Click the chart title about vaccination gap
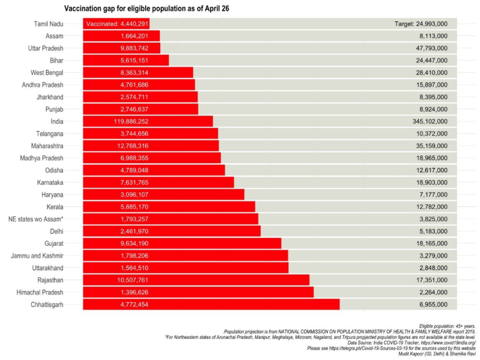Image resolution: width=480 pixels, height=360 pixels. click(146, 8)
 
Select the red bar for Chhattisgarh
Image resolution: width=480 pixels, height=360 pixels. click(211, 305)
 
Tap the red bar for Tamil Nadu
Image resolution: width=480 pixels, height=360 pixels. click(116, 24)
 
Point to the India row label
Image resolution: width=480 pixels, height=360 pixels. click(56, 121)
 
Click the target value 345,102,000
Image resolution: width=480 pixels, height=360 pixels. click(428, 121)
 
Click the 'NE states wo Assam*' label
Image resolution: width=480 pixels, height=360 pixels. click(36, 219)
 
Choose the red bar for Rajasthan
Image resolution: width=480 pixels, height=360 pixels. click(196, 280)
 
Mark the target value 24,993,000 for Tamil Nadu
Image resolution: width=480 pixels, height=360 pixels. click(421, 24)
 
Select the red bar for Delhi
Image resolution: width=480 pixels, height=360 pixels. click(171, 231)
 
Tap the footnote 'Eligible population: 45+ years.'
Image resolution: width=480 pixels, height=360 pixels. click(447, 325)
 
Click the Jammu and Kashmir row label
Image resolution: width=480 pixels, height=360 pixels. click(37, 256)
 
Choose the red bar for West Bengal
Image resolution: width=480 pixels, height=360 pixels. click(138, 73)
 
